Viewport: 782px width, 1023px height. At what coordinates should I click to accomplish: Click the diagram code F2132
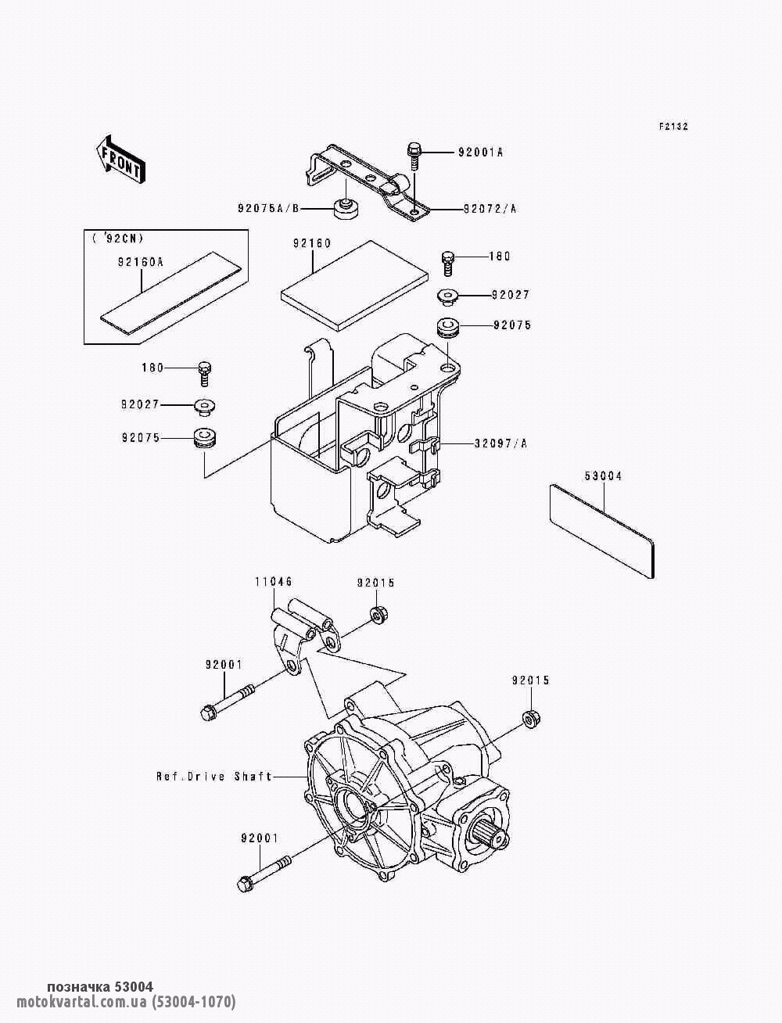[x=673, y=127]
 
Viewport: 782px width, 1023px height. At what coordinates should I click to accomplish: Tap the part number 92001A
[x=480, y=153]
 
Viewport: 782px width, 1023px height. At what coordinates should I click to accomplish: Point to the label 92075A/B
[x=268, y=208]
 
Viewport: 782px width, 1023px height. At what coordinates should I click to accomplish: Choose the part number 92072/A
[x=490, y=209]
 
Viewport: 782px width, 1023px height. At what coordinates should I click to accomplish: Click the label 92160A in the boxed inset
[x=140, y=262]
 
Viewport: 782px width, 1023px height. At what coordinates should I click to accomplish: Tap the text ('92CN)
[x=117, y=239]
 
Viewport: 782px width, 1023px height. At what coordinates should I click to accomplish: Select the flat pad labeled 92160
[x=355, y=285]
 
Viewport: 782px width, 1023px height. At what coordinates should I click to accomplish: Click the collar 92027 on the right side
[x=448, y=296]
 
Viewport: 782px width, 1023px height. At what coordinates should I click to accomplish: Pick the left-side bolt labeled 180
[x=205, y=373]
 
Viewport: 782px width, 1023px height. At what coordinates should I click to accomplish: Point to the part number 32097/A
[x=500, y=443]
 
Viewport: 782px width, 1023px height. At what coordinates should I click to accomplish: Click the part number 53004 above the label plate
[x=603, y=476]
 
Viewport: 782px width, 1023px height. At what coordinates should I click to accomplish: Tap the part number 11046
[x=273, y=581]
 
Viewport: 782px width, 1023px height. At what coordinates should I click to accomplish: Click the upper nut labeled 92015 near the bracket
[x=377, y=616]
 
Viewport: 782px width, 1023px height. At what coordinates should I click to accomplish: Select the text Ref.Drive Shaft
[x=214, y=776]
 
